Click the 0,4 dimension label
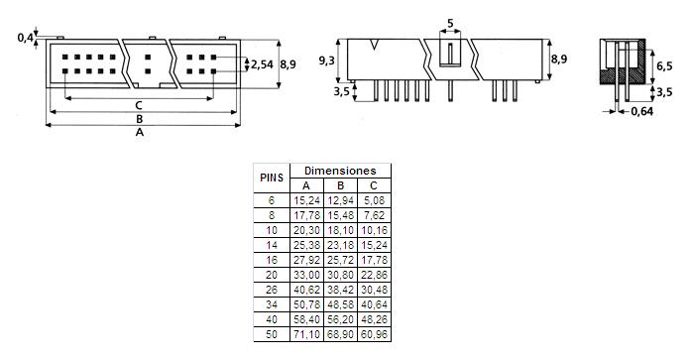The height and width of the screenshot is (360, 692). tap(25, 38)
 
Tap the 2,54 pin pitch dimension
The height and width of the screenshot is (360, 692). tap(262, 64)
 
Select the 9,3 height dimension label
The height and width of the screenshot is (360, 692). tap(327, 60)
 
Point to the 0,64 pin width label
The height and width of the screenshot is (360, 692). tap(642, 111)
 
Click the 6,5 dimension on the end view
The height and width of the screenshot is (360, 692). tap(664, 66)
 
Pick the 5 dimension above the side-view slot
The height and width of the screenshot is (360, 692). tap(450, 24)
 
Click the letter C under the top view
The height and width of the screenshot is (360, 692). tap(139, 105)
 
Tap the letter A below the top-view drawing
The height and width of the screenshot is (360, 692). tap(140, 132)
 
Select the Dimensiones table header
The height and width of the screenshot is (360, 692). tap(340, 171)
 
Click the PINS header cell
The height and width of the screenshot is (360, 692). tap(272, 178)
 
